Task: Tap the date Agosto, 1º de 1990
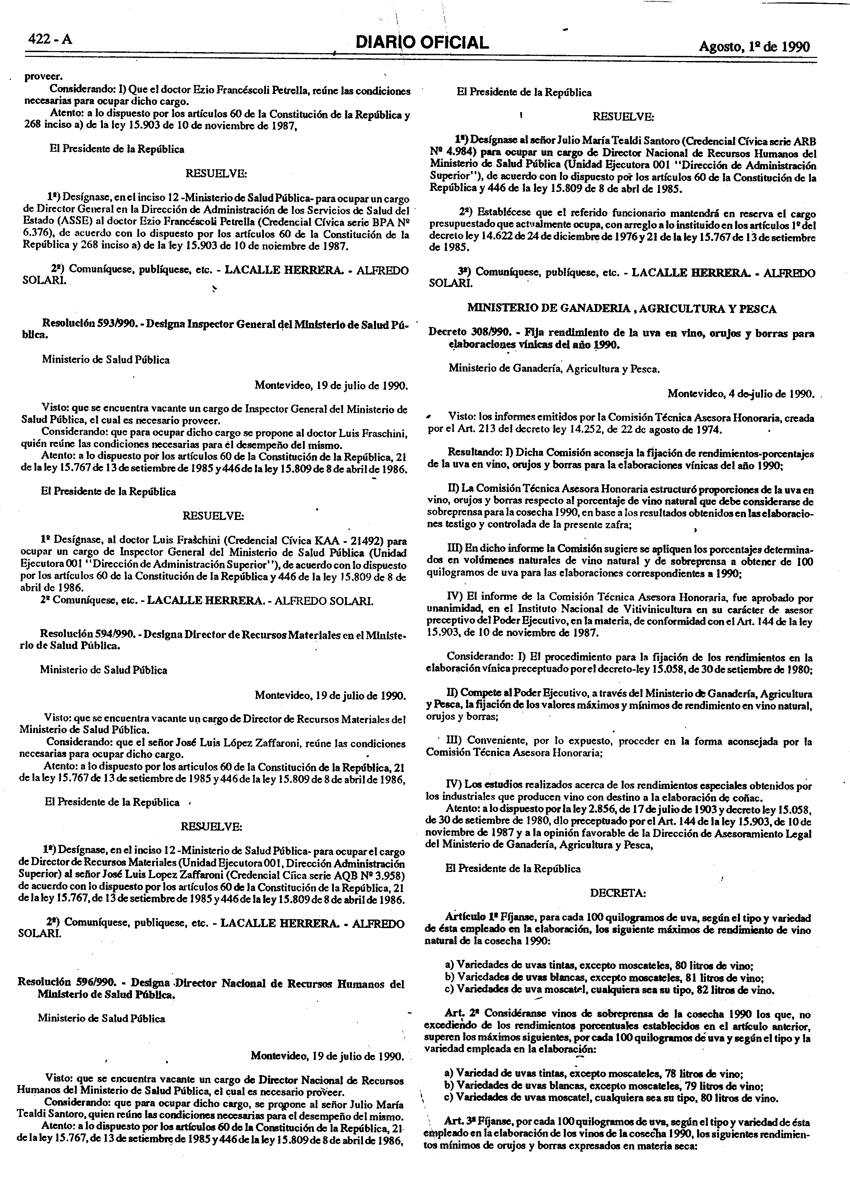pyautogui.click(x=754, y=47)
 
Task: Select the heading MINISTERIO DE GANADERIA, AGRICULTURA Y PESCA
pyautogui.click(x=621, y=308)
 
